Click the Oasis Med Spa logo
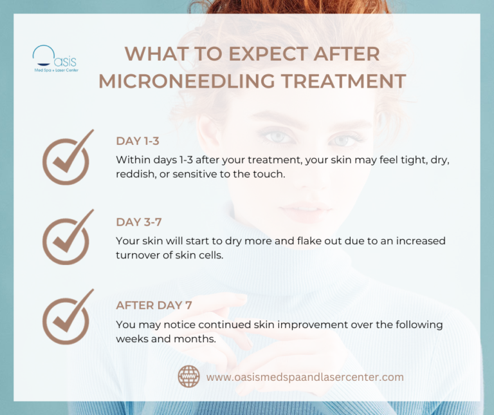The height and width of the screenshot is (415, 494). tap(55, 59)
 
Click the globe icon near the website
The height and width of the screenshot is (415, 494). tap(188, 377)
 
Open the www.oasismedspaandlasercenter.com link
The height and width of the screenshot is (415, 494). tap(305, 377)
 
